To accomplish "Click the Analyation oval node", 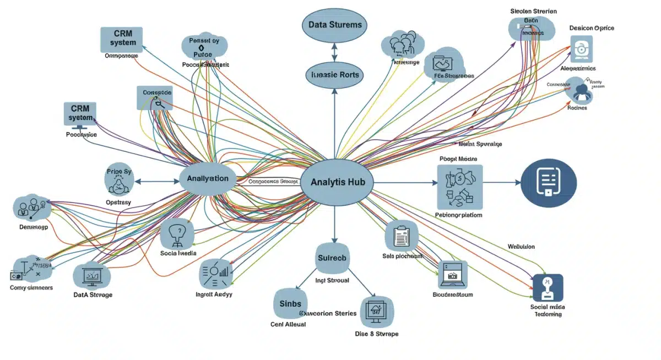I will tap(208, 179).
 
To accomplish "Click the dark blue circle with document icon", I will tap(548, 182).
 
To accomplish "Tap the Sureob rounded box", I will tap(333, 258).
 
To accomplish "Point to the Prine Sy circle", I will tap(119, 179).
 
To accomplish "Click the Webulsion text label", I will tap(521, 247).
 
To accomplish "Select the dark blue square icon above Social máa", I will tap(548, 287).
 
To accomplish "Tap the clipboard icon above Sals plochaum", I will tap(400, 236).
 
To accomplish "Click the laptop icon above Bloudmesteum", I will tap(453, 275).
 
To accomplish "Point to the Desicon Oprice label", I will tap(592, 28).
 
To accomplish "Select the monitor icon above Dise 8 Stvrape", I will tap(376, 312).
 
